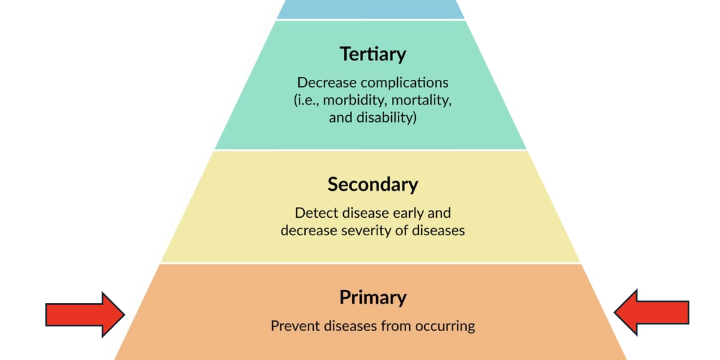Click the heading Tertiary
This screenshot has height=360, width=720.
coord(373,54)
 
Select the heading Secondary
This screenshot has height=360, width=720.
coord(373,184)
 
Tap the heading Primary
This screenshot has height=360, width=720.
coord(373,298)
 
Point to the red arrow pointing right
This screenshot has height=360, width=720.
coord(85,314)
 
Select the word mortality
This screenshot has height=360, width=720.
coord(421,100)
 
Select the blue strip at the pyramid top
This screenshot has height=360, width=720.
coord(370,8)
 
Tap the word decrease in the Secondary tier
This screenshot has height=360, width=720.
coord(306,230)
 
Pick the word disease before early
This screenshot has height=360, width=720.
coord(375,213)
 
